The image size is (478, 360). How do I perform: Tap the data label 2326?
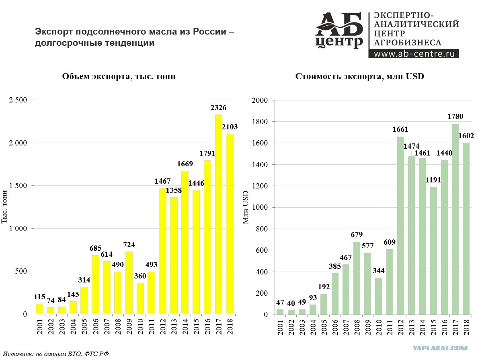point(218,108)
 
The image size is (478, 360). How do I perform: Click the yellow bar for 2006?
point(95,284)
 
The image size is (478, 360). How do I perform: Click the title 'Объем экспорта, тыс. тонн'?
point(119,76)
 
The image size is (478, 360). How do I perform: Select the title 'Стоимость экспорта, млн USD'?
point(359,76)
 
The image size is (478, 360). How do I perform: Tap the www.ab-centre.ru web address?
point(413,53)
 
